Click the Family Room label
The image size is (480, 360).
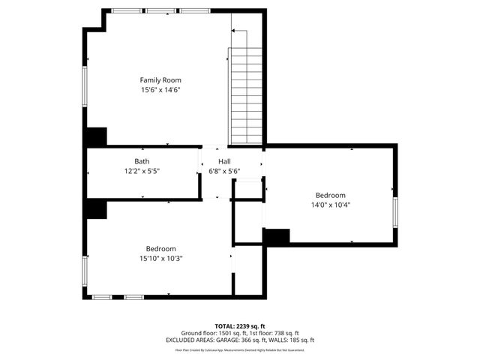tap(160, 79)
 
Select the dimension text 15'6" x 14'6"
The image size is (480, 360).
tap(160, 90)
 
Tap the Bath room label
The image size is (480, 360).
tap(142, 161)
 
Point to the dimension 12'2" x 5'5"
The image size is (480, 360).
tap(142, 171)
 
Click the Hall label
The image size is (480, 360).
tap(224, 161)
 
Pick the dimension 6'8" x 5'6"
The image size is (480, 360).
tap(224, 171)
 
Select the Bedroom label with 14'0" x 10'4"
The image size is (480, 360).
tap(330, 194)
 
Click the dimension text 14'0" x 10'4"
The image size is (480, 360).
tap(330, 204)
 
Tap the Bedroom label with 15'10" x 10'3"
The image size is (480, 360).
tap(160, 248)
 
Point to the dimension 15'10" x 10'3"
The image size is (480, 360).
tap(160, 259)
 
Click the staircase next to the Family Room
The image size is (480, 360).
tap(247, 94)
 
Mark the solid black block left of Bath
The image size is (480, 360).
tap(97, 137)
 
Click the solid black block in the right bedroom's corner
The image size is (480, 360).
tap(276, 236)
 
